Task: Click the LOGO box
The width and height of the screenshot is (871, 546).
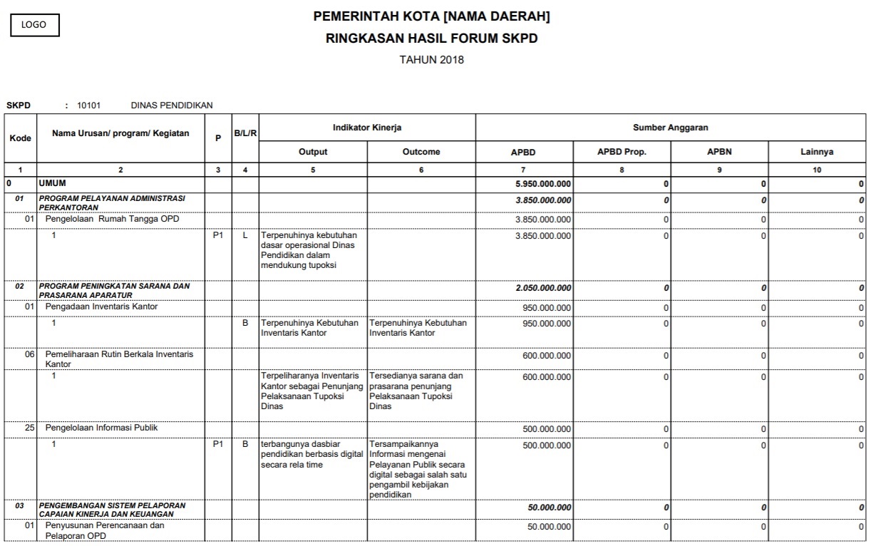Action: (33, 25)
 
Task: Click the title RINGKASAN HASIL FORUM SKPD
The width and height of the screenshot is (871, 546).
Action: (431, 38)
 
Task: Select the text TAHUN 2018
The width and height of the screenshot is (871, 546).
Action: (431, 60)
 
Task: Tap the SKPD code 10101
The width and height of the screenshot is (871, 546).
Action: (89, 105)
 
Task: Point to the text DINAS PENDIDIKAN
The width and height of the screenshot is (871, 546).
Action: (172, 105)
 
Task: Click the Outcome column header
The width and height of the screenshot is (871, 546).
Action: (421, 152)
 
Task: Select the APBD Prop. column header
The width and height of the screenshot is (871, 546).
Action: (622, 152)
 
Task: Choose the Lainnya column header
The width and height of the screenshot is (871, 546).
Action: (817, 152)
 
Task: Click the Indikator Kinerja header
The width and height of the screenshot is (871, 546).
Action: (367, 128)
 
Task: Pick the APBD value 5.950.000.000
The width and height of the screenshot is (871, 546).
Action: (542, 184)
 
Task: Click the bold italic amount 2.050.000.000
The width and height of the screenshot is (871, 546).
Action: (542, 288)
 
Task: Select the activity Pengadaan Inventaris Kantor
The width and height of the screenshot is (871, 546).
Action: (101, 307)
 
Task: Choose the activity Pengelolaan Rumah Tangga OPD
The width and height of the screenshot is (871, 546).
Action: (112, 220)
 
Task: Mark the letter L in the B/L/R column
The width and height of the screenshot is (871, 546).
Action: (245, 235)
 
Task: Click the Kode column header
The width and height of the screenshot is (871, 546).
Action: (20, 138)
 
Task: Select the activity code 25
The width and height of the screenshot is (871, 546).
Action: (29, 428)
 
